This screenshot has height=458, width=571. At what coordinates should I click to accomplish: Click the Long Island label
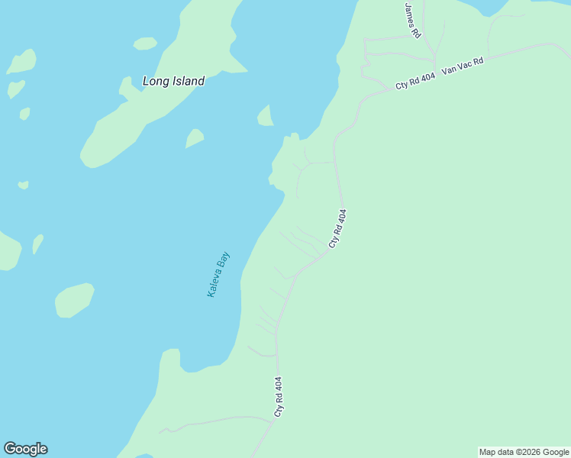173,81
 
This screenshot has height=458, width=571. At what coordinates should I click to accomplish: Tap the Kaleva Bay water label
218,275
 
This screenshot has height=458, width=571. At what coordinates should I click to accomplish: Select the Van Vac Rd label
463,67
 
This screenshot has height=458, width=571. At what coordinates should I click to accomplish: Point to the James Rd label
413,21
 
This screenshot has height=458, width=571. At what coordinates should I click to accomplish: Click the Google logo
25,449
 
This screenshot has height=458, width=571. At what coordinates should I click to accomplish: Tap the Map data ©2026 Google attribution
524,452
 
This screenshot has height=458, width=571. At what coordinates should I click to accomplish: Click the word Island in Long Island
188,81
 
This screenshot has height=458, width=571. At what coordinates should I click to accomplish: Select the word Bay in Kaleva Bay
224,262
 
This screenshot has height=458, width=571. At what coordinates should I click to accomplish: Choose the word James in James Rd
411,13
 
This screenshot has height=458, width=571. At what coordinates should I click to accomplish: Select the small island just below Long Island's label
195,138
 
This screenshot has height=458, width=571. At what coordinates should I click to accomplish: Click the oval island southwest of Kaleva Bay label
74,299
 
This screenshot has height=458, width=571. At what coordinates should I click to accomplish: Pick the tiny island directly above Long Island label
144,44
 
